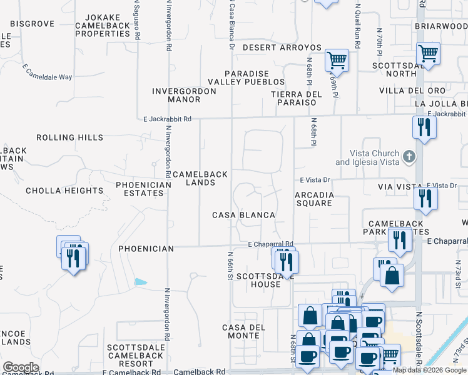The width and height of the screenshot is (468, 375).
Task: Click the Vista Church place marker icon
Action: click(x=409, y=156)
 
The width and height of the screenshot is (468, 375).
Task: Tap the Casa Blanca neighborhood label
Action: click(x=243, y=215)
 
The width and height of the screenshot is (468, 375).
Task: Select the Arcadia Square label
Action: click(x=314, y=199)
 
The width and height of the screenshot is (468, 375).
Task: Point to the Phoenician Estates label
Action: click(x=143, y=189)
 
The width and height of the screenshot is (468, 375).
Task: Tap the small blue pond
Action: click(x=141, y=282)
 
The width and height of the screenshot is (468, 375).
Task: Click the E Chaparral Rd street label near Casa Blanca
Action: click(x=270, y=244)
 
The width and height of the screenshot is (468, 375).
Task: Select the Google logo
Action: click(x=21, y=367)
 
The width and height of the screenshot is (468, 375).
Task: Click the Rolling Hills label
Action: click(x=69, y=137)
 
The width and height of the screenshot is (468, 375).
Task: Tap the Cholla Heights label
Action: click(x=64, y=191)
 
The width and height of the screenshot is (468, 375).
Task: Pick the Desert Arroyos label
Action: click(x=282, y=47)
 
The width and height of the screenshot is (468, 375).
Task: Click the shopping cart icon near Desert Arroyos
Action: click(x=337, y=61)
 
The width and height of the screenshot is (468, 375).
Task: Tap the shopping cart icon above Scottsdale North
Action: click(x=428, y=53)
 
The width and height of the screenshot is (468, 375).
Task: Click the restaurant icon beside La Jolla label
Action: click(x=424, y=128)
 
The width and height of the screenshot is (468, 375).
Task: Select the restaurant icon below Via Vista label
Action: click(x=425, y=199)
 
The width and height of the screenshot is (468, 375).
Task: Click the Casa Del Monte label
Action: click(x=244, y=331)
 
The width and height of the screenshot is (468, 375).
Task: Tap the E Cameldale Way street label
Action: click(x=48, y=72)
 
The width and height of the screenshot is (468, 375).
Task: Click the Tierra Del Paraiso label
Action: click(x=297, y=98)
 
